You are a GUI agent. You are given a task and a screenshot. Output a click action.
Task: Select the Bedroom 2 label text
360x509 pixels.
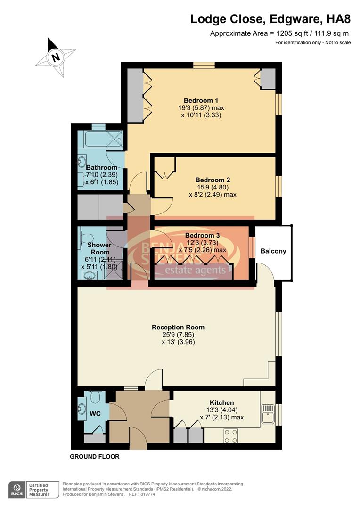(x=213, y=180)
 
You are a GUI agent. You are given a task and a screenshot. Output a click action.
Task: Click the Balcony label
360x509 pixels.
(x=273, y=251)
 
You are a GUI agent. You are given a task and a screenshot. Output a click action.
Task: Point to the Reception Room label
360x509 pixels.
(x=178, y=327)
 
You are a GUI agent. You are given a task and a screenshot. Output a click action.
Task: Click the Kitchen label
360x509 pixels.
(x=221, y=403)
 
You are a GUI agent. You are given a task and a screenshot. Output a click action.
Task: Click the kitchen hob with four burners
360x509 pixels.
(x=231, y=436)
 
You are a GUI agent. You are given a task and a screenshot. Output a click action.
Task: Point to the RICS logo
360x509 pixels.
(x=17, y=489)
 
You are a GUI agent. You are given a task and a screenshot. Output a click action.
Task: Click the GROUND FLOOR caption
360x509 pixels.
(x=94, y=457)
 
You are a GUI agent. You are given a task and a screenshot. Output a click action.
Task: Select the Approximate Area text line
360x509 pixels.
(x=280, y=33)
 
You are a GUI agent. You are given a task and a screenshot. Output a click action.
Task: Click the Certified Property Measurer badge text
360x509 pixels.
(x=39, y=489)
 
